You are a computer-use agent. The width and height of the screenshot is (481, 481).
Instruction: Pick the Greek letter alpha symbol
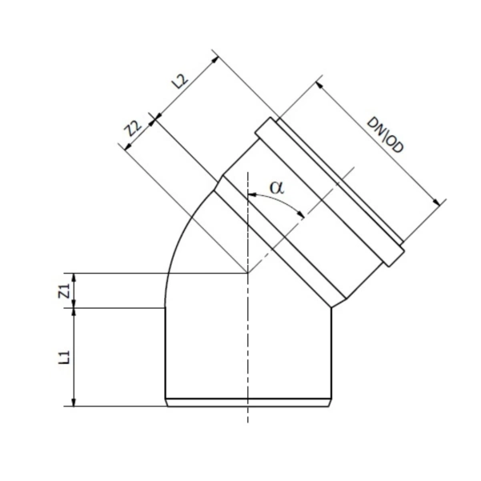point(277,187)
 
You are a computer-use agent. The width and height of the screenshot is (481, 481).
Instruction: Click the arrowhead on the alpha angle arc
point(302,214)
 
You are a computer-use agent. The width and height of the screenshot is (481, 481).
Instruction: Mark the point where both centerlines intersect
point(248,273)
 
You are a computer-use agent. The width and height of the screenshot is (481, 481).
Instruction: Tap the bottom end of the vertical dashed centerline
point(248,423)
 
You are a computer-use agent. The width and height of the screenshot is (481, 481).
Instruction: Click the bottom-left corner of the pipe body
point(165,405)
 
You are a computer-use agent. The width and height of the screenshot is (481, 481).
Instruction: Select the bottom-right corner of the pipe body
point(331,405)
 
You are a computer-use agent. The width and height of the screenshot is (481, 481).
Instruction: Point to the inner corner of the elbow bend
point(331,307)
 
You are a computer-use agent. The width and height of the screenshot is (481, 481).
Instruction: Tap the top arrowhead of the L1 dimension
point(74,310)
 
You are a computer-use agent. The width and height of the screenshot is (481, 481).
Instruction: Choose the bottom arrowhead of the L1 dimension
point(74,403)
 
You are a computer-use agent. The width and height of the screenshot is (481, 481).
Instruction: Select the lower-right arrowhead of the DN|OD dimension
point(442,203)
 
